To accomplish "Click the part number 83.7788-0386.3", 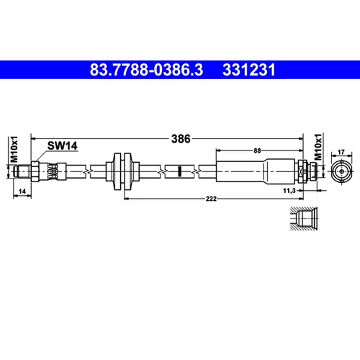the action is (146, 70).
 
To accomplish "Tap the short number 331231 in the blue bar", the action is (249, 70).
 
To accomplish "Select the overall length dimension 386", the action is (181, 139).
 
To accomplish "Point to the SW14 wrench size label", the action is (63, 145).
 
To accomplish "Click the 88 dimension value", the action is (257, 150).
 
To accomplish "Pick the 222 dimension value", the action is (211, 199).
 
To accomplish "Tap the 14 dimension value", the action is (22, 192).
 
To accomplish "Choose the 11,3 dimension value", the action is (289, 191).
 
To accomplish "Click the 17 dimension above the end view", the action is (341, 152).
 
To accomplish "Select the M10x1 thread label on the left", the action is (14, 149).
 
